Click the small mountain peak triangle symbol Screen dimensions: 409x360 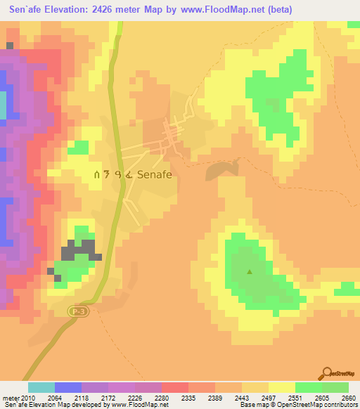point(250,271)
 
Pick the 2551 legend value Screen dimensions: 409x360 point(308,398)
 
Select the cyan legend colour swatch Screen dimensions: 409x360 point(41,387)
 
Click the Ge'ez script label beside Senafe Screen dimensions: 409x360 point(112,175)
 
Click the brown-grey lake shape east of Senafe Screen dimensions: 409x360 point(221,169)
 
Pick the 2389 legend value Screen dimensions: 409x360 point(228,398)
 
